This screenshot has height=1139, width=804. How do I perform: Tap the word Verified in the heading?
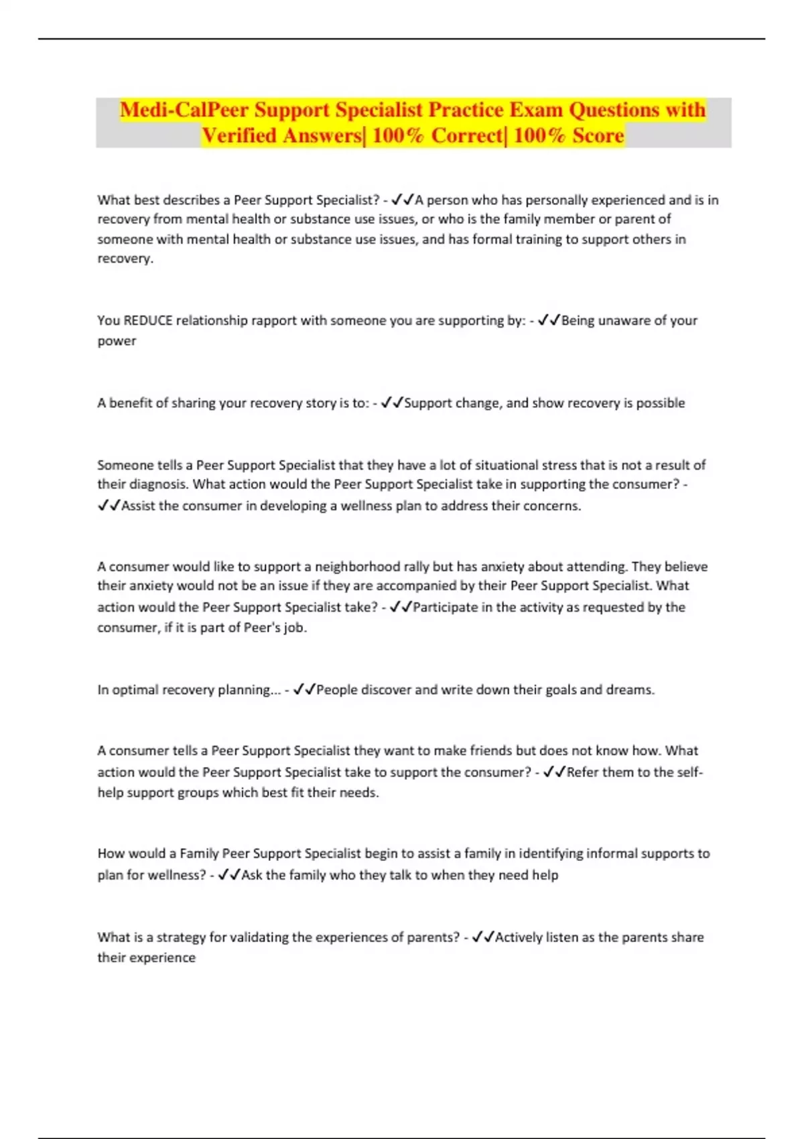(239, 135)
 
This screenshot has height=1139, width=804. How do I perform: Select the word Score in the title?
(598, 135)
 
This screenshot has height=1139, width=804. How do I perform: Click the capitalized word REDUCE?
(148, 320)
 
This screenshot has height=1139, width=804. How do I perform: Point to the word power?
(117, 340)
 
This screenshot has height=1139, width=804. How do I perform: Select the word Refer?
(582, 772)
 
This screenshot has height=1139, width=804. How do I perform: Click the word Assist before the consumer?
(137, 505)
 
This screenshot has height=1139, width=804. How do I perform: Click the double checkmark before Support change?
(391, 403)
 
